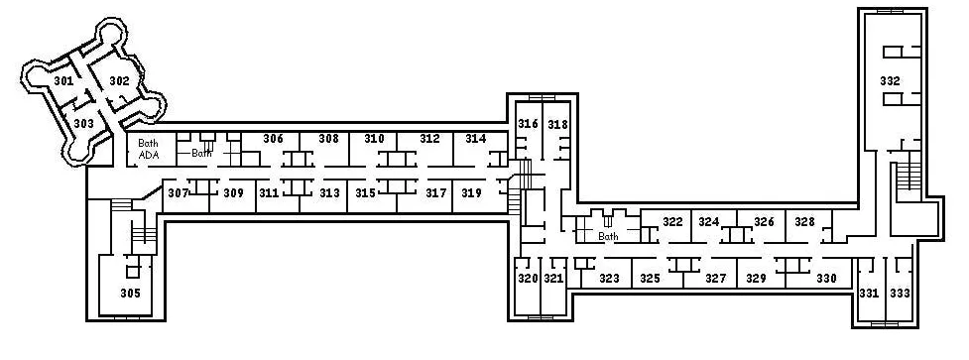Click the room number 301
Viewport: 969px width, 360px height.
(63, 81)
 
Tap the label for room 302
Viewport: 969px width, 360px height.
(119, 81)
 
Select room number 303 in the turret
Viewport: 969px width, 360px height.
(84, 124)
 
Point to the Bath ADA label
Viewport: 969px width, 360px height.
(149, 149)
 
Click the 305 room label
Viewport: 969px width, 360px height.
(130, 294)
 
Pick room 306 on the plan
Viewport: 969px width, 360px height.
(273, 139)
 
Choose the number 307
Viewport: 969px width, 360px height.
(178, 193)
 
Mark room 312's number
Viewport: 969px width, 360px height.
(429, 139)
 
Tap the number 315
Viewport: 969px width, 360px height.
(365, 193)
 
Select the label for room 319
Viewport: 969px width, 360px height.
(471, 193)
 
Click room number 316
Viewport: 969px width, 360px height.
(528, 124)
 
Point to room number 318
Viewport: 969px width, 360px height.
(557, 124)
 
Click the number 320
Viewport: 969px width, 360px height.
(528, 279)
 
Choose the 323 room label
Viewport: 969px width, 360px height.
(609, 279)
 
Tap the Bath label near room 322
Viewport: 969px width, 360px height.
(608, 236)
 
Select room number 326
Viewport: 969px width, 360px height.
(764, 222)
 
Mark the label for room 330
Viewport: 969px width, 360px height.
(826, 279)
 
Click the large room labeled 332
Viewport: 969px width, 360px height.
(890, 81)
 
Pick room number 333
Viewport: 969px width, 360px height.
(900, 294)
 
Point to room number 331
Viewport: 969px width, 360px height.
(869, 294)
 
